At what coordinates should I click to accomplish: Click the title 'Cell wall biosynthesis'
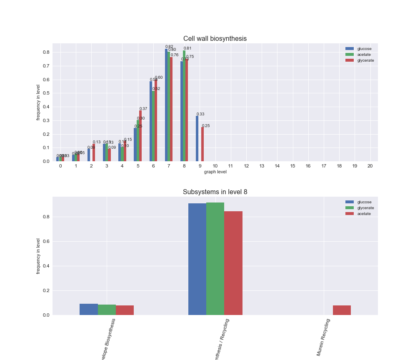[x=215, y=39]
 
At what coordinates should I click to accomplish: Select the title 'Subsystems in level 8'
[x=215, y=192]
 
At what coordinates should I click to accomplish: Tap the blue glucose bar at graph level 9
[x=197, y=139]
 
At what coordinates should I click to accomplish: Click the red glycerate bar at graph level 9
[x=202, y=144]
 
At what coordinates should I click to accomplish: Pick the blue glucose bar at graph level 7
[x=166, y=105]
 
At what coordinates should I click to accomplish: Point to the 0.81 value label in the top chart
[x=187, y=48]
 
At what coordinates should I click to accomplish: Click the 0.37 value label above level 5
[x=143, y=109]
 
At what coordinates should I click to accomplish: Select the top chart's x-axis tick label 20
[x=370, y=166]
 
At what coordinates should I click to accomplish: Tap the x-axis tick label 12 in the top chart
[x=246, y=166]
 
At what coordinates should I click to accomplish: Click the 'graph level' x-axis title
[x=215, y=172]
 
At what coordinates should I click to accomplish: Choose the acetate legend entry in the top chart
[x=364, y=55]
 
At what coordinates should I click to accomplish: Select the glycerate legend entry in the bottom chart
[x=365, y=208]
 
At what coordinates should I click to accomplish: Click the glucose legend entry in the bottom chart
[x=364, y=202]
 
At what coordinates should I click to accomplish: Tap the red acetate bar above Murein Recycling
[x=342, y=310]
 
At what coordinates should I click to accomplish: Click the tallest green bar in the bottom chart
[x=215, y=259]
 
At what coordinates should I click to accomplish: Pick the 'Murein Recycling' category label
[x=323, y=337]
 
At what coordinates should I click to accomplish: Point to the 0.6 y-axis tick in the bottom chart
[x=46, y=242]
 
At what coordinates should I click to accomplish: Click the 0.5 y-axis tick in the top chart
[x=46, y=93]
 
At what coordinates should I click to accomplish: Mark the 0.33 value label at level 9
[x=200, y=114]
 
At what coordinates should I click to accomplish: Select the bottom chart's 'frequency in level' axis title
[x=38, y=256]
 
